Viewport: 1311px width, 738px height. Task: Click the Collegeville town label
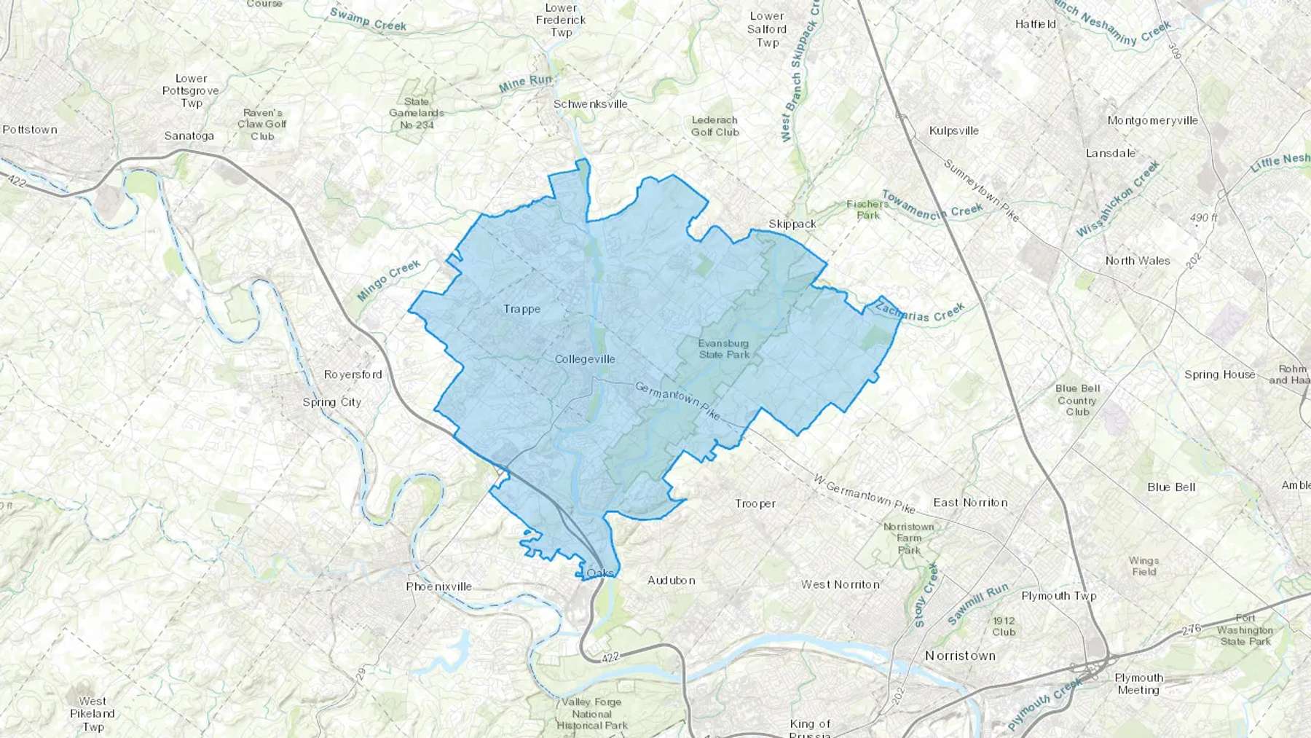click(584, 359)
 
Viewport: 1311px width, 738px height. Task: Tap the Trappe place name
click(521, 309)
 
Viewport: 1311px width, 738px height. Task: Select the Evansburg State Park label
click(723, 349)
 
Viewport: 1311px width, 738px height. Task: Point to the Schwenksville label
click(590, 104)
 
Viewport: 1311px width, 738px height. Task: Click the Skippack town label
click(792, 224)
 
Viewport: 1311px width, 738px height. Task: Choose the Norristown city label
click(960, 656)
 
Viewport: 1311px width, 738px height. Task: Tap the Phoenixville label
click(438, 586)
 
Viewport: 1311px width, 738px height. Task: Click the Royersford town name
click(353, 374)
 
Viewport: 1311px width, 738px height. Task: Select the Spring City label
click(331, 402)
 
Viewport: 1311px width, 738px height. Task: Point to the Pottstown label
click(29, 130)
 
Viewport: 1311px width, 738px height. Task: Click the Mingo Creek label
click(389, 280)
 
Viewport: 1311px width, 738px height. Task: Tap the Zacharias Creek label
click(920, 313)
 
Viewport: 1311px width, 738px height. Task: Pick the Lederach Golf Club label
click(714, 126)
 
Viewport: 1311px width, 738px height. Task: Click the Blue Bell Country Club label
click(1077, 400)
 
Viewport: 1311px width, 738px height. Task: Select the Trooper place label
click(755, 503)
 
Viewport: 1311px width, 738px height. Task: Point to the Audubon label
click(671, 581)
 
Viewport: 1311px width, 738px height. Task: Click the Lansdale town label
click(1111, 153)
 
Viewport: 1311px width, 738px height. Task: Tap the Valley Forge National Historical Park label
click(591, 713)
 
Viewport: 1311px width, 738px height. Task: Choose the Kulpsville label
click(953, 131)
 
